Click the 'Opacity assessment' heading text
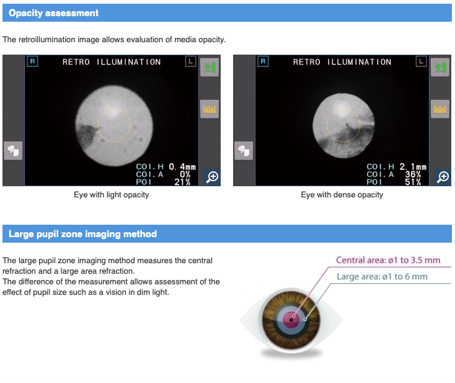(54, 13)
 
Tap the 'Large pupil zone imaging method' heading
(82, 234)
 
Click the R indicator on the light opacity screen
(32, 61)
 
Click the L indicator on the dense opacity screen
(421, 61)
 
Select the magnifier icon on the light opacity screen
(212, 177)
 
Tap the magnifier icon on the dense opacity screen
(443, 177)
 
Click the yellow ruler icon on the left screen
(210, 109)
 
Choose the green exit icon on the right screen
(440, 68)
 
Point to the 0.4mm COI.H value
(182, 167)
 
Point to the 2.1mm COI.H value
(413, 167)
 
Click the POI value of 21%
(182, 182)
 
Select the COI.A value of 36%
(413, 174)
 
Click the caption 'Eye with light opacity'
(112, 195)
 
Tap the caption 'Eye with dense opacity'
(342, 195)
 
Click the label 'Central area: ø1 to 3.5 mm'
(388, 260)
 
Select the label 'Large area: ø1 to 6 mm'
(382, 276)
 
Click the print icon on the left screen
(13, 151)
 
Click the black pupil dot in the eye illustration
(291, 320)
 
